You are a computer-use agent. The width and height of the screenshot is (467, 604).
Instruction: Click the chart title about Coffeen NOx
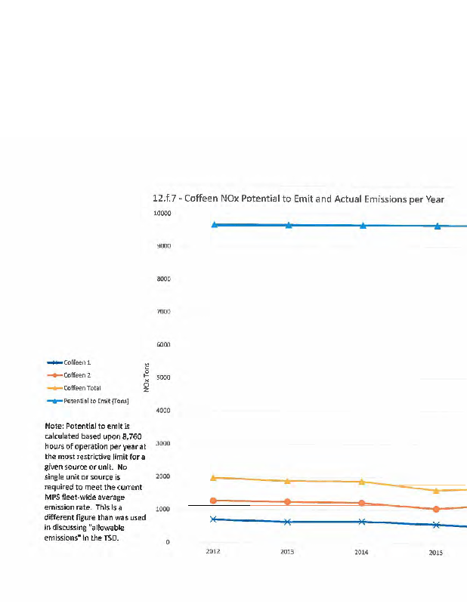[298, 199]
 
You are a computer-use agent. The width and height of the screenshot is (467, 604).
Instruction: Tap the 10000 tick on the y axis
[162, 214]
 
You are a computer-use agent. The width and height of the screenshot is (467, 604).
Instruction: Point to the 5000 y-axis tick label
[164, 377]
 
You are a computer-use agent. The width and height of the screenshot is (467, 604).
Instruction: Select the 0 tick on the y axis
[168, 542]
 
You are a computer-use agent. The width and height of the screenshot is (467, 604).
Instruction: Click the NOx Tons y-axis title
[147, 377]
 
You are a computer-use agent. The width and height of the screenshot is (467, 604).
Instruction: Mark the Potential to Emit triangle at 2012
[215, 224]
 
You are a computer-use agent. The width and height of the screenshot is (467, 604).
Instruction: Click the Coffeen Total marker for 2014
[362, 481]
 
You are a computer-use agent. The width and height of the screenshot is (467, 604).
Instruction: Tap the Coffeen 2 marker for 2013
[288, 501]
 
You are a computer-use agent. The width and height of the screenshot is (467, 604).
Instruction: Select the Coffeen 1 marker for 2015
[436, 524]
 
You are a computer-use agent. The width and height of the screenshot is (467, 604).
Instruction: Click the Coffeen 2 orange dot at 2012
[214, 501]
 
